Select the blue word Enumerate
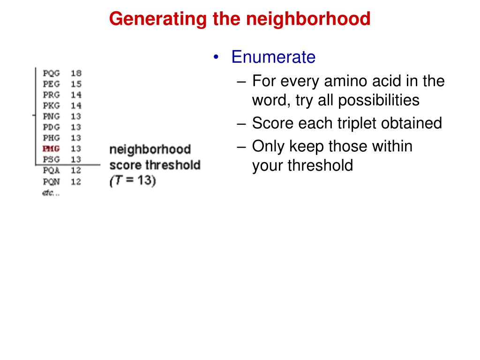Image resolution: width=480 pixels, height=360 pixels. (x=273, y=57)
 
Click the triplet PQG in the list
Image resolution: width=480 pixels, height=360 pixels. (x=52, y=74)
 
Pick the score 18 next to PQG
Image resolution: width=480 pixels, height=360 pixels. (x=76, y=74)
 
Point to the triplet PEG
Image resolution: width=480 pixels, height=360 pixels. (x=52, y=84)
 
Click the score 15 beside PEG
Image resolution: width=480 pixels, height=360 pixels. (x=76, y=84)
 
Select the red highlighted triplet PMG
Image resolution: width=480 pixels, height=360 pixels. (x=51, y=149)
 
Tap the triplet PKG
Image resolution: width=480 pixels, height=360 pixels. (x=52, y=105)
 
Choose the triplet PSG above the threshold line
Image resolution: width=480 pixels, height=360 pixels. (x=52, y=159)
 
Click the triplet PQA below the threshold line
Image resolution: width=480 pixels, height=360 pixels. (x=52, y=170)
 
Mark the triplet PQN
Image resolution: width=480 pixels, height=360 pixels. (x=52, y=181)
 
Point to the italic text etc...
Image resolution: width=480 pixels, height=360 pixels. (x=51, y=193)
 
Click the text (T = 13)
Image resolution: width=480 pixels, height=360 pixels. (x=133, y=180)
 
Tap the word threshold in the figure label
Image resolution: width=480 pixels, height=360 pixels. (x=173, y=165)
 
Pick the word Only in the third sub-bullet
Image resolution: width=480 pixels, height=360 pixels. (x=269, y=147)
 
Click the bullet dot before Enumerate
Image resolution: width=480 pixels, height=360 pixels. (x=216, y=57)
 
